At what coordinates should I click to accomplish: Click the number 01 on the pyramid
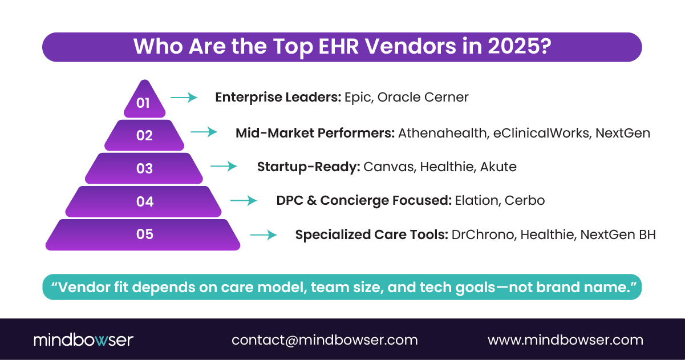(143, 103)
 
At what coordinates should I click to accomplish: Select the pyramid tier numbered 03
(144, 168)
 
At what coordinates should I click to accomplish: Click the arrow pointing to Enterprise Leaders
(184, 98)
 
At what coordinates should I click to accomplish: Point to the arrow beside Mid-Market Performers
(204, 132)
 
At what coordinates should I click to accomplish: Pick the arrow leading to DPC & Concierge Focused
(244, 200)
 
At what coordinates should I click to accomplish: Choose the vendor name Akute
(498, 167)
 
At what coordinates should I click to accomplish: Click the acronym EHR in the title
(335, 46)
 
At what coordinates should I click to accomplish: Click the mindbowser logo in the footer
(83, 340)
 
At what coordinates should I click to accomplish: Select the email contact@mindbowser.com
(325, 340)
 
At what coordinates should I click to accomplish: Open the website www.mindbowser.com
(565, 340)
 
